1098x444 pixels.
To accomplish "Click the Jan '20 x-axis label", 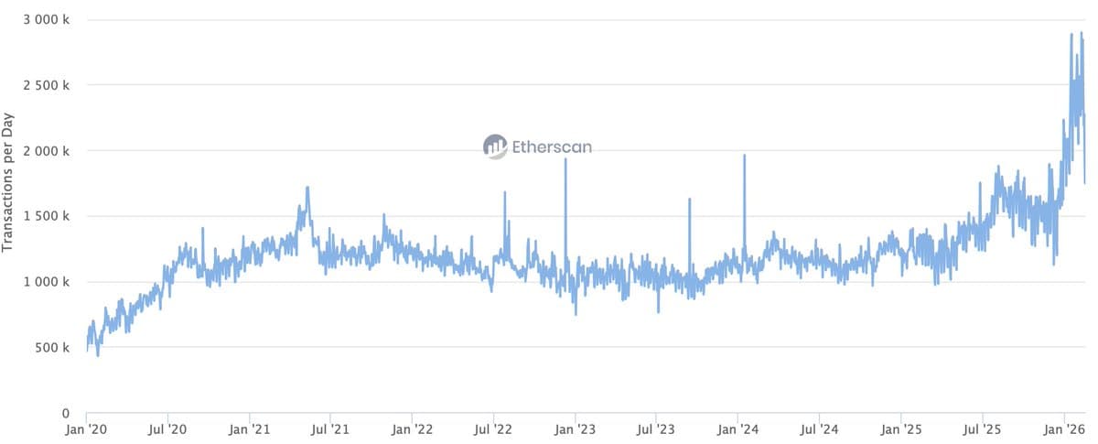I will click(x=87, y=428).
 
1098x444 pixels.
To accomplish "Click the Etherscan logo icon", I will click(x=495, y=146).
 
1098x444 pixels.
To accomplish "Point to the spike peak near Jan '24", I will click(x=744, y=156).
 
